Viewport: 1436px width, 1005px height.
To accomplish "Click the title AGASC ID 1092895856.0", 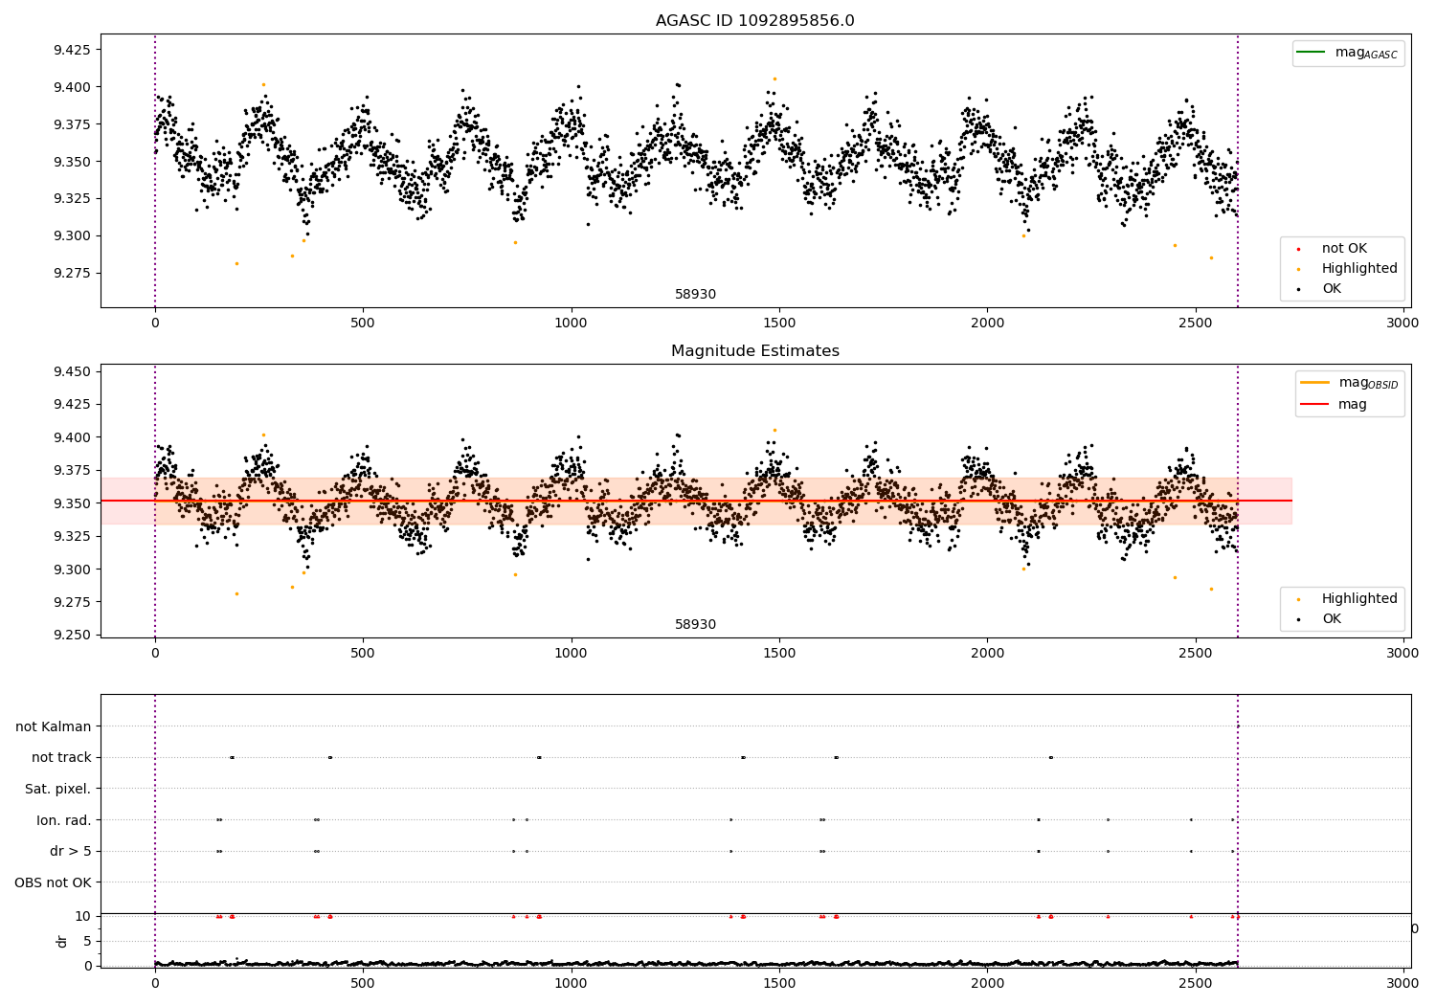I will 754,21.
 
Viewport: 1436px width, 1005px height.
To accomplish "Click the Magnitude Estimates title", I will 754,351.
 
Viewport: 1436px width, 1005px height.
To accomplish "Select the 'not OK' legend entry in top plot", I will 1344,249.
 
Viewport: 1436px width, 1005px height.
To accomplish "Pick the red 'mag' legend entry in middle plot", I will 1352,405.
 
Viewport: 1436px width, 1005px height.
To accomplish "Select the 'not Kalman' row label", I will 53,727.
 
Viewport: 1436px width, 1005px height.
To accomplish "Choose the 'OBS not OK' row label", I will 53,882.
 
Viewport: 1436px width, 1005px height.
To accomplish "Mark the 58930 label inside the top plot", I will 695,295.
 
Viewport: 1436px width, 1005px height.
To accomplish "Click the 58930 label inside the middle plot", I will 695,625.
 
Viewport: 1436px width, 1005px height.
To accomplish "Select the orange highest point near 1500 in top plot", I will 774,78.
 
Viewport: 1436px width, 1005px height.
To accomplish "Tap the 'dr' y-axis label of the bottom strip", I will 62,941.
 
